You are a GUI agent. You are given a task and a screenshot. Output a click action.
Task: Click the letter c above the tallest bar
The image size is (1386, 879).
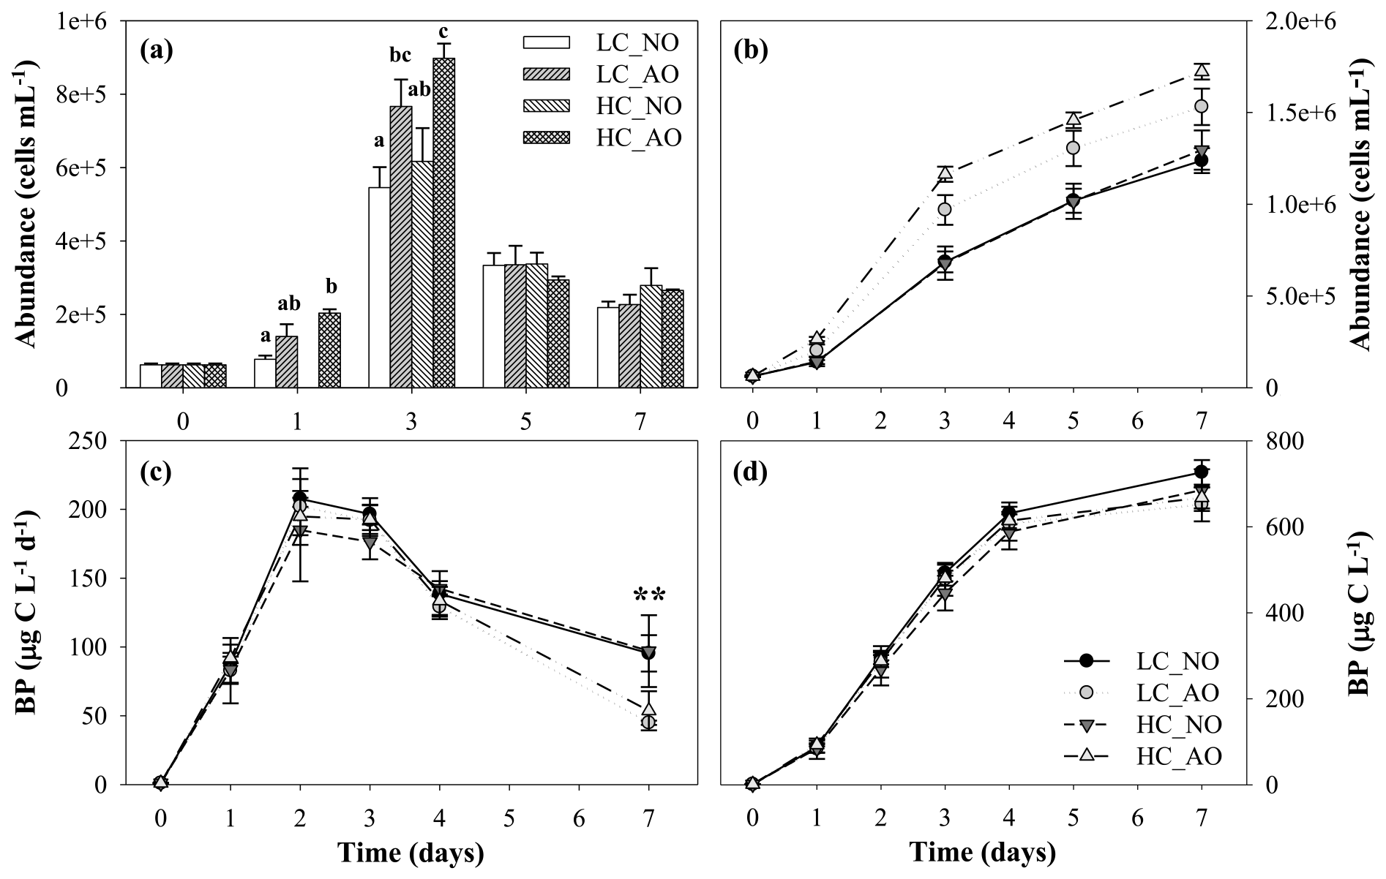pos(443,32)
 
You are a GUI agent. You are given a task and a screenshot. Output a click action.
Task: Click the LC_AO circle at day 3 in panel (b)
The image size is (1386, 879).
pos(945,210)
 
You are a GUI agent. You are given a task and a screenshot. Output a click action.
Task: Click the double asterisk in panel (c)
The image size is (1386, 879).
pos(648,596)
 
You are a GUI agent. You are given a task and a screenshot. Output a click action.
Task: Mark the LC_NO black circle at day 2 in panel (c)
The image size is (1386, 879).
pos(300,499)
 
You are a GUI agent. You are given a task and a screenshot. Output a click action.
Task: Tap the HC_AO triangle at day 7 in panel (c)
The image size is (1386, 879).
pos(648,709)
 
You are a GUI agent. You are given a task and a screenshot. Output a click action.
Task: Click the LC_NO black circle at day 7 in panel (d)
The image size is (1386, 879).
pos(1201,472)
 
